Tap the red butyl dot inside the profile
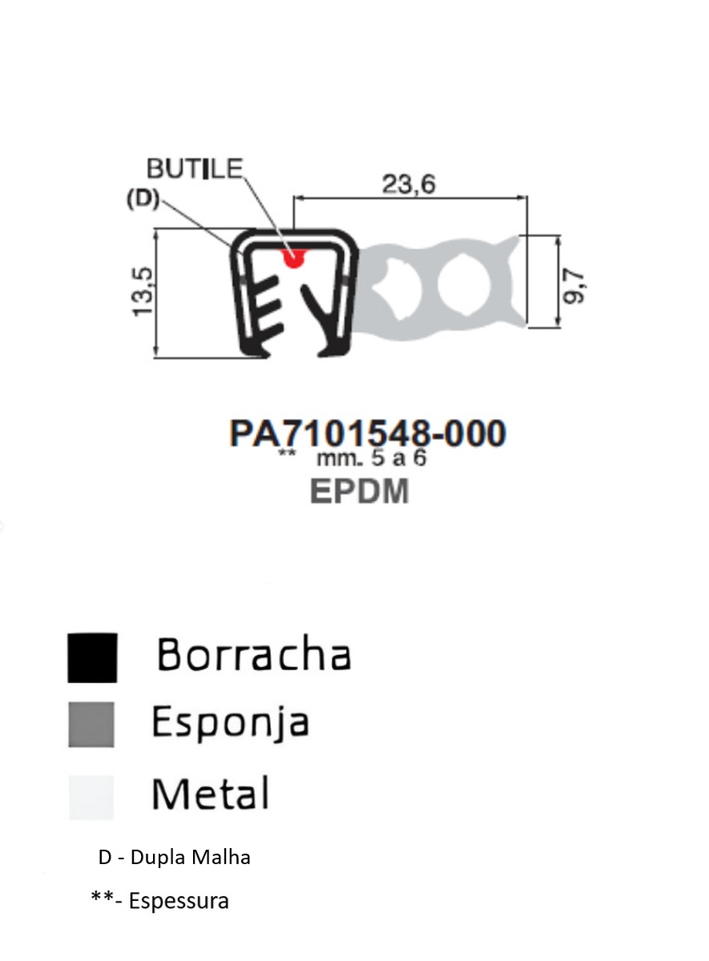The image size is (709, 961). (x=294, y=256)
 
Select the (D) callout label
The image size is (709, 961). (x=144, y=199)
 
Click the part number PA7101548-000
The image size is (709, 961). (x=368, y=433)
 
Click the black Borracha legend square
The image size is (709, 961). (x=92, y=657)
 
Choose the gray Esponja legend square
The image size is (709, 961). (x=92, y=724)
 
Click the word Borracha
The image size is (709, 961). (x=254, y=655)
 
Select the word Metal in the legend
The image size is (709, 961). (x=210, y=794)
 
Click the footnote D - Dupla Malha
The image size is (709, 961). (x=175, y=858)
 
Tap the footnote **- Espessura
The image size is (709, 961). (x=160, y=901)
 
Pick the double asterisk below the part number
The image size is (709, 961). (x=287, y=455)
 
